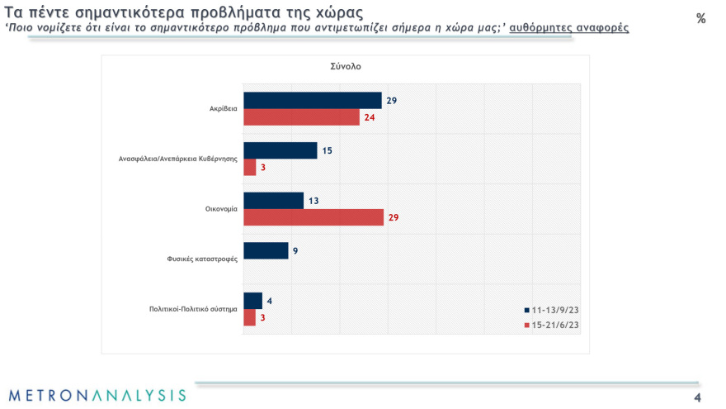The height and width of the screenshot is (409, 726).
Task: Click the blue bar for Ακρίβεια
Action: click(x=313, y=100)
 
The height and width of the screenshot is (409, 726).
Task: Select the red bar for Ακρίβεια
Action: click(x=302, y=117)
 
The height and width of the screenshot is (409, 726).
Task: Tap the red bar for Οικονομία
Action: click(x=313, y=217)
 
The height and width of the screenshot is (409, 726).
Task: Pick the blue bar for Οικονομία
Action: click(x=274, y=201)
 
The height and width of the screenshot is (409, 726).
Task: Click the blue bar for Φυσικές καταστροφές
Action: click(x=266, y=250)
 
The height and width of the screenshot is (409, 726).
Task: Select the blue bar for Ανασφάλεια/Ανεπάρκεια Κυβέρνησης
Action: click(x=280, y=150)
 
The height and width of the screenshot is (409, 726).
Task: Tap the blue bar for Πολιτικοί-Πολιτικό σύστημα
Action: click(x=253, y=301)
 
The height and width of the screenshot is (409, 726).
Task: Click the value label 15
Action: click(x=328, y=150)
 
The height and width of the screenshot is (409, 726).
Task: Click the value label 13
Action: click(x=313, y=201)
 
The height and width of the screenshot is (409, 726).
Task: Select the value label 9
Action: click(x=295, y=250)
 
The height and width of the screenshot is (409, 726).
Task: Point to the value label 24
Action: click(x=371, y=117)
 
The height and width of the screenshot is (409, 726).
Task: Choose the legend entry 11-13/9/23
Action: click(x=551, y=310)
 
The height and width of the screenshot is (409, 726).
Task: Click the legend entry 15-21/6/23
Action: click(x=551, y=325)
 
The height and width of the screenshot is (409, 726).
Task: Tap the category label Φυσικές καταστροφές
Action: click(x=202, y=259)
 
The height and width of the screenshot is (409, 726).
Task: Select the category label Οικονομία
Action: click(x=222, y=209)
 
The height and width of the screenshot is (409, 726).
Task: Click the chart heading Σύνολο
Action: click(x=345, y=66)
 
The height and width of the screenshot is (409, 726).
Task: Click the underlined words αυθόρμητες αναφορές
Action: click(x=569, y=28)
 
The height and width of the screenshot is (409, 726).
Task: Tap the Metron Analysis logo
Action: click(x=97, y=395)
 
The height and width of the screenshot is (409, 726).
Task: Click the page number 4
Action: click(x=697, y=398)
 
